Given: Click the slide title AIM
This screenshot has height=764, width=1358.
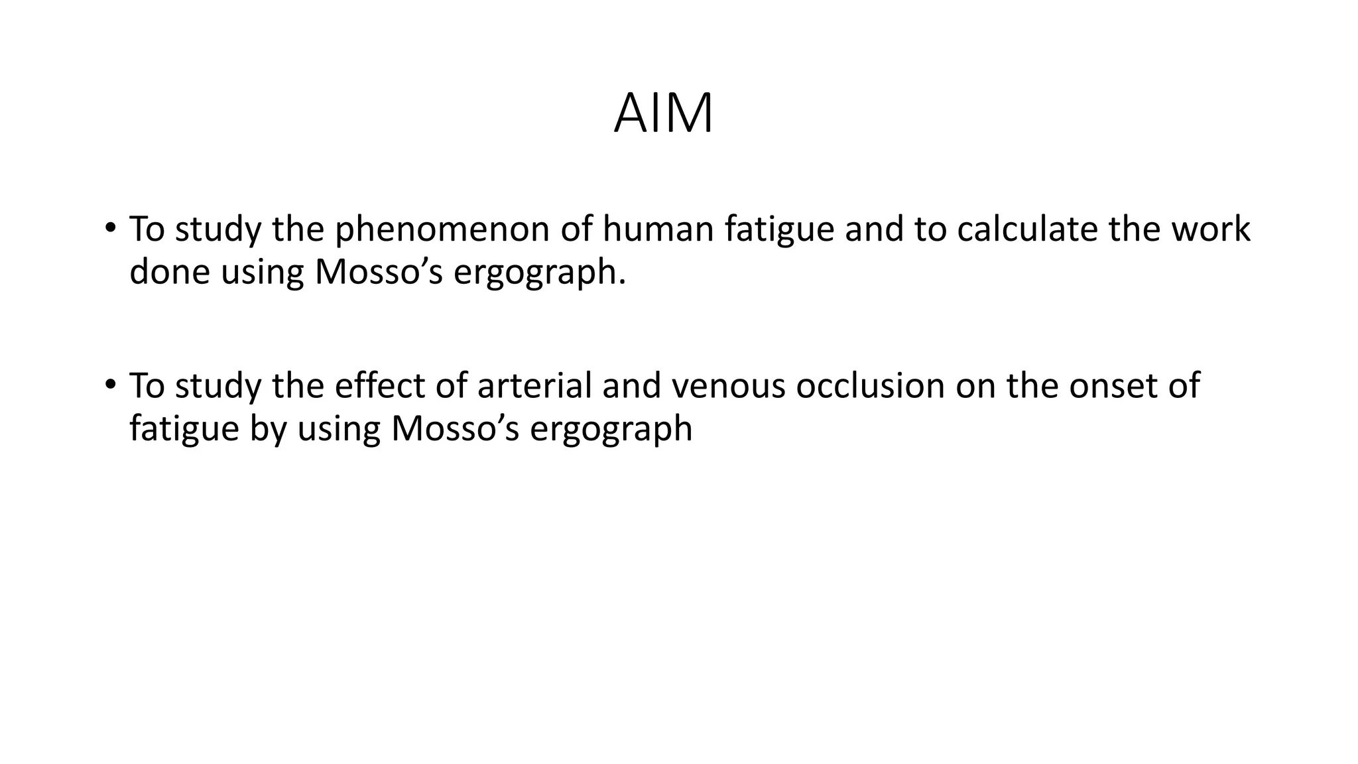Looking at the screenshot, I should point(663,114).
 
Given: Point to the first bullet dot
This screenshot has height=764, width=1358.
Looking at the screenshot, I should point(110,228).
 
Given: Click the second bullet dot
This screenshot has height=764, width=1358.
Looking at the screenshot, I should point(110,385).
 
